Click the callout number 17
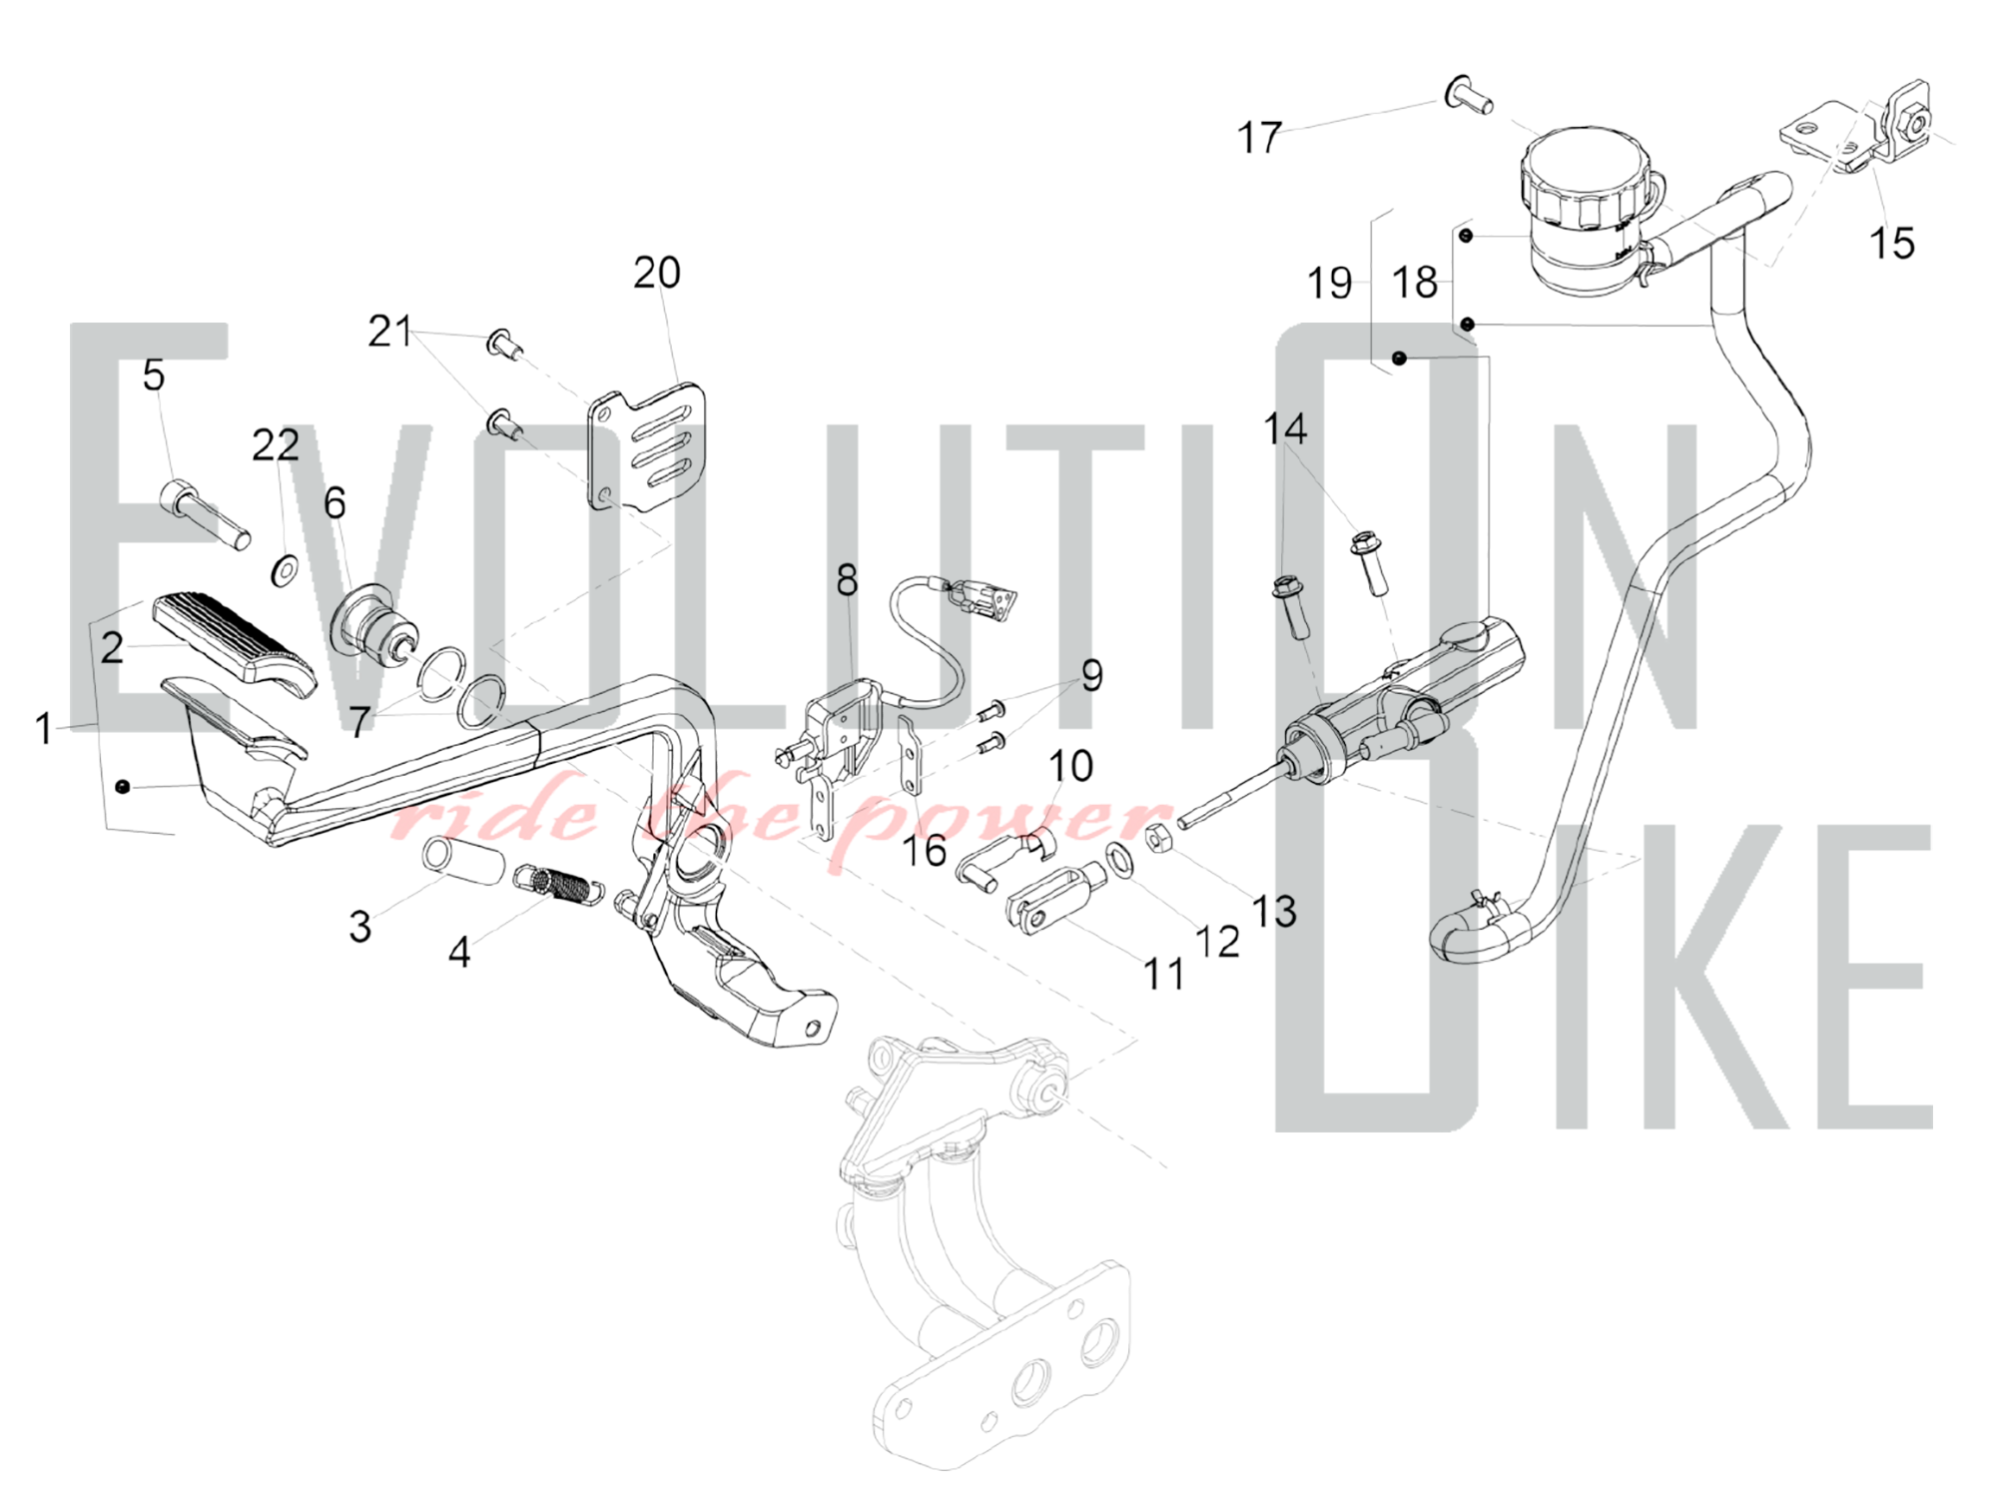click(x=1258, y=138)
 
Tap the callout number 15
click(x=1891, y=243)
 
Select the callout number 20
click(x=657, y=272)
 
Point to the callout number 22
click(x=275, y=445)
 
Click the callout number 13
click(x=1274, y=911)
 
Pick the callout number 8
click(x=847, y=579)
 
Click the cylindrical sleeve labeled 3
click(x=461, y=858)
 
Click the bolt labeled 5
click(x=204, y=514)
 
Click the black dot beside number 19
click(x=1399, y=358)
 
